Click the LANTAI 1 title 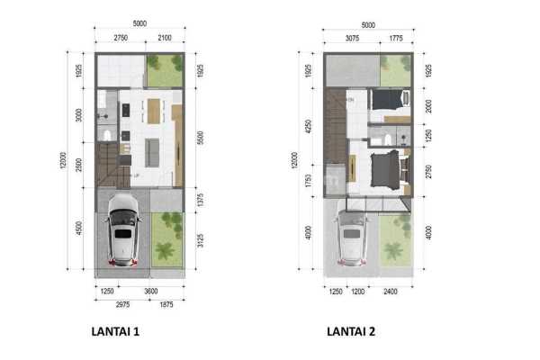click(115, 331)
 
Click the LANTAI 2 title click(352, 331)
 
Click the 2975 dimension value click(112, 305)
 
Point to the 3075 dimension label click(350, 38)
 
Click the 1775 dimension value click(396, 38)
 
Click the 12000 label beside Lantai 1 click(64, 164)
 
